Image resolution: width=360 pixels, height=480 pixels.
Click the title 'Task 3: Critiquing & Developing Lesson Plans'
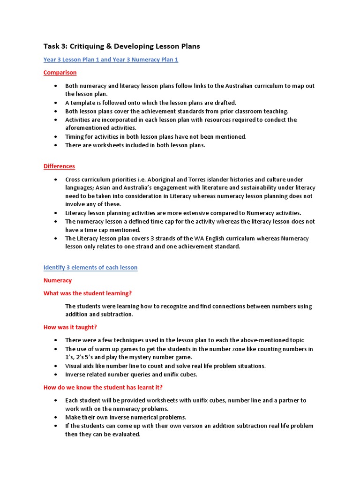point(121,46)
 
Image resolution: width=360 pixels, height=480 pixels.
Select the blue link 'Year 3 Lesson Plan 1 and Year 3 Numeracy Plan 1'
point(111,60)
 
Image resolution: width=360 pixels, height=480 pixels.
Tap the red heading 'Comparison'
point(60,73)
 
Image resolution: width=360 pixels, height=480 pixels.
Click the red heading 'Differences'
point(59,166)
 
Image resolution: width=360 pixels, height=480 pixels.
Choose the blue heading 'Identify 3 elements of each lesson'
point(90,268)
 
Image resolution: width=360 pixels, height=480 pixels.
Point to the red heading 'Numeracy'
point(58,280)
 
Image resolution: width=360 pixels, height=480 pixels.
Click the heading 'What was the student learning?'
point(88,293)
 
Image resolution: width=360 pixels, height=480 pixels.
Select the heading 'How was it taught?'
point(70,327)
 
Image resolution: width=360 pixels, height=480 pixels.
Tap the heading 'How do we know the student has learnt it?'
point(103,387)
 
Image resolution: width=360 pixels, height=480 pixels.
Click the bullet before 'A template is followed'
point(56,103)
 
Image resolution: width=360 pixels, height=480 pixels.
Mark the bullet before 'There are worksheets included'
point(56,145)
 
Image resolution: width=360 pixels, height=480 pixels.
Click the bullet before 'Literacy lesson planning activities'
point(56,213)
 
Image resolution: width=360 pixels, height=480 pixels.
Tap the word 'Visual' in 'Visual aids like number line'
point(74,366)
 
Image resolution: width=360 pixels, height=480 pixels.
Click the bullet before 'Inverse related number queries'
point(56,375)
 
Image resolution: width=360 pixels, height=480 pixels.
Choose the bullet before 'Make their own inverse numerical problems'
point(56,417)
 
